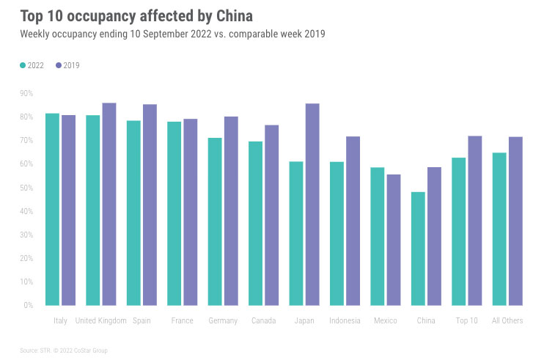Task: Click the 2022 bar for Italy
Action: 52,209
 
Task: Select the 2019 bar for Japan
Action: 312,204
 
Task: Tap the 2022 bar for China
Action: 418,249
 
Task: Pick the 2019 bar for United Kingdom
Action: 109,204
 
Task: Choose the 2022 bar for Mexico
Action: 378,236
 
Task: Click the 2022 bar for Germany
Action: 215,221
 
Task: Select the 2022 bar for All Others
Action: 499,229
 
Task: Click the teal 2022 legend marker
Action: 23,65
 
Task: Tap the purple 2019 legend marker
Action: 59,65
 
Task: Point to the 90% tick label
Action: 26,93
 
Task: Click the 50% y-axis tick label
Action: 26,188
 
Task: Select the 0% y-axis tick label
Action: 29,305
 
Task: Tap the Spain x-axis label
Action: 141,321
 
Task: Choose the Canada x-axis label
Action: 263,321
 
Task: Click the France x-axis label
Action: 182,321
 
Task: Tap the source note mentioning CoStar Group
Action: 64,350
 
